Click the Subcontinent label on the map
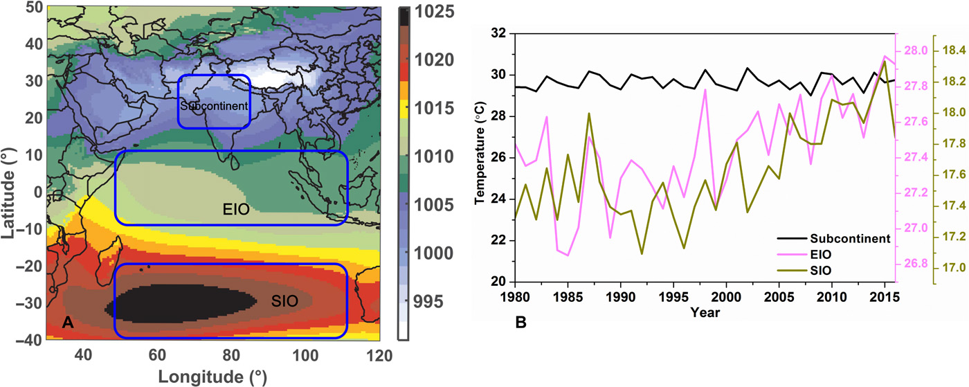(x=213, y=107)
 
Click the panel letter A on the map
(x=68, y=322)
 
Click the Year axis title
(x=704, y=313)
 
